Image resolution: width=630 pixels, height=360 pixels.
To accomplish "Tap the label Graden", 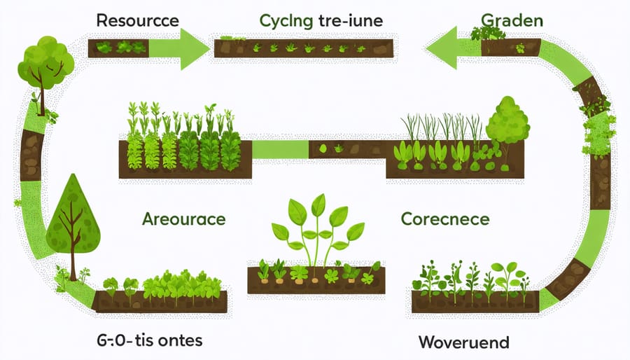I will (512, 20).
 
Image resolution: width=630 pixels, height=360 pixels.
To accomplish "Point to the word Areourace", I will (183, 219).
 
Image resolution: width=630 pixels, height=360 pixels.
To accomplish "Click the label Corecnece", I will (445, 219).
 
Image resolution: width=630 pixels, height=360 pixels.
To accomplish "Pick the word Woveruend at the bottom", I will (463, 343).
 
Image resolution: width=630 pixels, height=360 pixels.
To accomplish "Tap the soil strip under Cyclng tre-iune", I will (303, 48).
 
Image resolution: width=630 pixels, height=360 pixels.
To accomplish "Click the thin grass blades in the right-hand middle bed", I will (441, 126).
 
